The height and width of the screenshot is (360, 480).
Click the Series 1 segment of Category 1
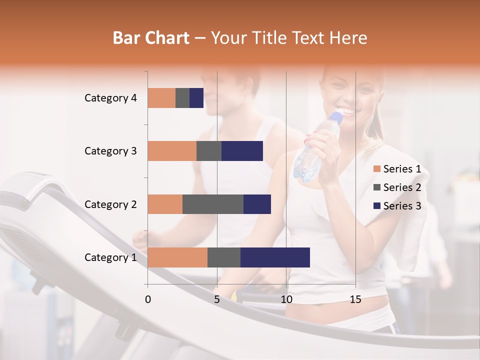177,257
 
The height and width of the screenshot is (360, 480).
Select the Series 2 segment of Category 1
224,257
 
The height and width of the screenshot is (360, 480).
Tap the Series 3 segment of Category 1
275,257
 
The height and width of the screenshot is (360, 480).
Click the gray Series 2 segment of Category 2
213,204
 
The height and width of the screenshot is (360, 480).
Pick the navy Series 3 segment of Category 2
257,204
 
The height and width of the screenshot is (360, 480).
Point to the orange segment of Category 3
172,151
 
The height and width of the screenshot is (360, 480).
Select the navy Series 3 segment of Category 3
242,151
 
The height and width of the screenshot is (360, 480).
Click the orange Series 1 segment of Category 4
161,98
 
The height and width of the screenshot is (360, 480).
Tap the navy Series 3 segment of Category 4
196,98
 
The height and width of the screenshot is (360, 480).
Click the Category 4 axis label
110,98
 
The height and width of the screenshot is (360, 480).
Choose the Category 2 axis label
110,204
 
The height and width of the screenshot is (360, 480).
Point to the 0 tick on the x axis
148,299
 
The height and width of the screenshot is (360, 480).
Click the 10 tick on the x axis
286,299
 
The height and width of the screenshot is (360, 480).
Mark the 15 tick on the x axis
355,299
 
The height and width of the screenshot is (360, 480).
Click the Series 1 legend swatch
376,169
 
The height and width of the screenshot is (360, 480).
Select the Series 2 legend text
402,187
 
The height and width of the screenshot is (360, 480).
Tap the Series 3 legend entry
397,206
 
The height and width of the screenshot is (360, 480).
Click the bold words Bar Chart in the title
151,38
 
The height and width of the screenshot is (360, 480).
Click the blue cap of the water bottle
336,118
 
